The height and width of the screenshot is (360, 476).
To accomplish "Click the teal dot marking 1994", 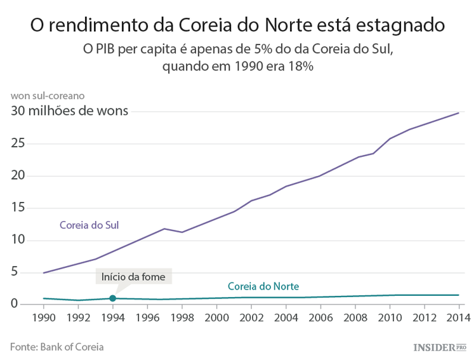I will pos(112,298).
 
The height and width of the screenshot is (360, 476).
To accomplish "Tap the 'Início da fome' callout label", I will pos(133,277).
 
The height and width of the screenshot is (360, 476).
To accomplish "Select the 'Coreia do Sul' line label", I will pos(89,225).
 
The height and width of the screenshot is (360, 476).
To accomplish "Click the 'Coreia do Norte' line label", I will pos(263,286).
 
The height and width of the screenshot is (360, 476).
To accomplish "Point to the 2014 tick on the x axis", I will pos(458,317).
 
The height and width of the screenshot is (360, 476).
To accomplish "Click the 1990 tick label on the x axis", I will pos(44,317).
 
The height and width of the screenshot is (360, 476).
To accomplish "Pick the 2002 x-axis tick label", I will pos(251,317).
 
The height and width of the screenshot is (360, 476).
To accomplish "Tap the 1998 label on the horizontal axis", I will pos(182,317).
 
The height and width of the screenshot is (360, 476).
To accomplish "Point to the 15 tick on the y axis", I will pos(18,208).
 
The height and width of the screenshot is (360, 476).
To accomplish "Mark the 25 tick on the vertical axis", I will pos(18,143).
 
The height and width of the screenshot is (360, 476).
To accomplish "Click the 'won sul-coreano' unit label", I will pos(47,96).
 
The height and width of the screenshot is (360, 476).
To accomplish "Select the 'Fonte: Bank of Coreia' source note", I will pos(56,347).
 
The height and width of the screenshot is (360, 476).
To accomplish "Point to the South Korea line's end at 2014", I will pos(458,113).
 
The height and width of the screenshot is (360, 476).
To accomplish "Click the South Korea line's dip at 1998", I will pos(182,232).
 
